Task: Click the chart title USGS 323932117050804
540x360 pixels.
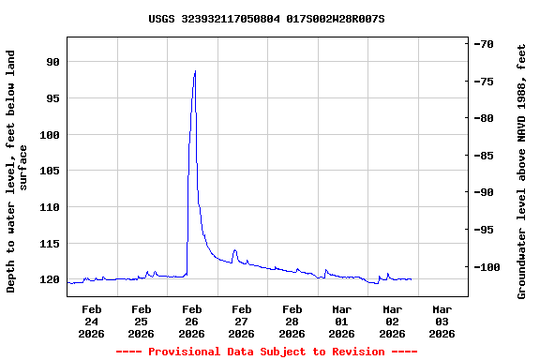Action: coord(266,19)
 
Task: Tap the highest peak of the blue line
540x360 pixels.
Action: coord(195,71)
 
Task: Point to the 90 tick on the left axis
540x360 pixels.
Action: coord(52,62)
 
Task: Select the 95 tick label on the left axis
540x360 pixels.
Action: coord(52,98)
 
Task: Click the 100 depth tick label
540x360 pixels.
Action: coord(49,135)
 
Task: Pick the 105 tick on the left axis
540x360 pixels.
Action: coord(49,171)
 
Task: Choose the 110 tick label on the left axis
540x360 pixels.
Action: coord(49,207)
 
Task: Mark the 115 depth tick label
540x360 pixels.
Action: coord(49,244)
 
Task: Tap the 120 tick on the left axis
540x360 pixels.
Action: coord(49,279)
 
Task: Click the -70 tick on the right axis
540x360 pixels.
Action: coord(484,44)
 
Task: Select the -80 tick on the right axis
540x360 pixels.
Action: coord(484,118)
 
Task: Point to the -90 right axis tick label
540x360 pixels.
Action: coord(484,192)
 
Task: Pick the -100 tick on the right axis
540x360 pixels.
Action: coord(487,267)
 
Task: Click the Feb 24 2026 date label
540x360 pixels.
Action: coord(91,321)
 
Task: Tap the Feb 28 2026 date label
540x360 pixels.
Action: coord(292,321)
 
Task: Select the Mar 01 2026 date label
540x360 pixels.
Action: coord(341,321)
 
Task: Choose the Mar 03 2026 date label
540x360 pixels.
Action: coord(442,321)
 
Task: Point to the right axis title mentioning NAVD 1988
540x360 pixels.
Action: coord(522,171)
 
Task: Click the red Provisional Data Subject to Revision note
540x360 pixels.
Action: coord(266,352)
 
